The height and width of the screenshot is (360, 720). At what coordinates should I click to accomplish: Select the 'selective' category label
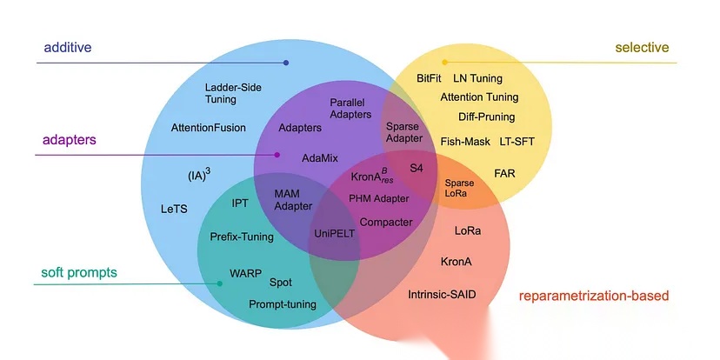click(x=642, y=48)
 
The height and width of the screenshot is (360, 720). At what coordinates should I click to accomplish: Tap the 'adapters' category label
click(x=68, y=139)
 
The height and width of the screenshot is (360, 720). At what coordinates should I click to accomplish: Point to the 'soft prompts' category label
click(x=79, y=273)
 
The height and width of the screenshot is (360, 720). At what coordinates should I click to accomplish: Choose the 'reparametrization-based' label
click(x=594, y=296)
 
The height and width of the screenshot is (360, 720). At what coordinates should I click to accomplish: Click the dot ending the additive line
click(x=286, y=63)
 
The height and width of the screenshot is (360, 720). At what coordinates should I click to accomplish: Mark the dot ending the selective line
click(x=445, y=63)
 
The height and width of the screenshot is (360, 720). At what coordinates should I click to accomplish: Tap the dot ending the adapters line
click(x=277, y=156)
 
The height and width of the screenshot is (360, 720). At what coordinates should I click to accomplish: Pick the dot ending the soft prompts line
click(x=218, y=283)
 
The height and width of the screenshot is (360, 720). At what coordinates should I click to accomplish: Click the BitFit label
click(x=430, y=78)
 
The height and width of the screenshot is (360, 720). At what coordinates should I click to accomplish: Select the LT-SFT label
click(x=517, y=141)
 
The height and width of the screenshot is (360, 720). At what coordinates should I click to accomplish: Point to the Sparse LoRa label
click(x=460, y=189)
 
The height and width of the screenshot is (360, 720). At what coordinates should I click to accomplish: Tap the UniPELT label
click(x=333, y=234)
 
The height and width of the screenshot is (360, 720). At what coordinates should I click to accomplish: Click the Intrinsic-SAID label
click(x=442, y=295)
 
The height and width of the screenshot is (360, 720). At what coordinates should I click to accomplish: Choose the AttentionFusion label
click(x=209, y=128)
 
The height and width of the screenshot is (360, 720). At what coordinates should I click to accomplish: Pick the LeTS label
click(x=174, y=210)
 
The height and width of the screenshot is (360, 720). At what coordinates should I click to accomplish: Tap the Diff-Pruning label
click(x=486, y=117)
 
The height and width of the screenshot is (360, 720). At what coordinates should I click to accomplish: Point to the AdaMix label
click(x=320, y=159)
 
